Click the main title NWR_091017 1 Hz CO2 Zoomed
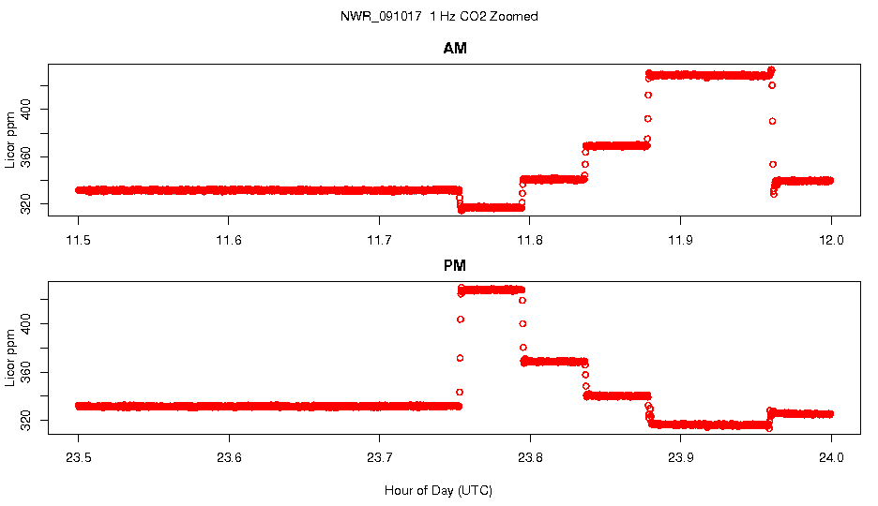439,17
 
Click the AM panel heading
455,49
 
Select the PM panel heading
455,266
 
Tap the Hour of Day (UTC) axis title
438,490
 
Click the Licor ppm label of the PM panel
11,356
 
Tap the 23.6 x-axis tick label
229,458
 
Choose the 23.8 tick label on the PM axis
530,458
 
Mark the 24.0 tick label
831,458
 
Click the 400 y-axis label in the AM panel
31,111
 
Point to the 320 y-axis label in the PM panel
31,423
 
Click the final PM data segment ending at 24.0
802,413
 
